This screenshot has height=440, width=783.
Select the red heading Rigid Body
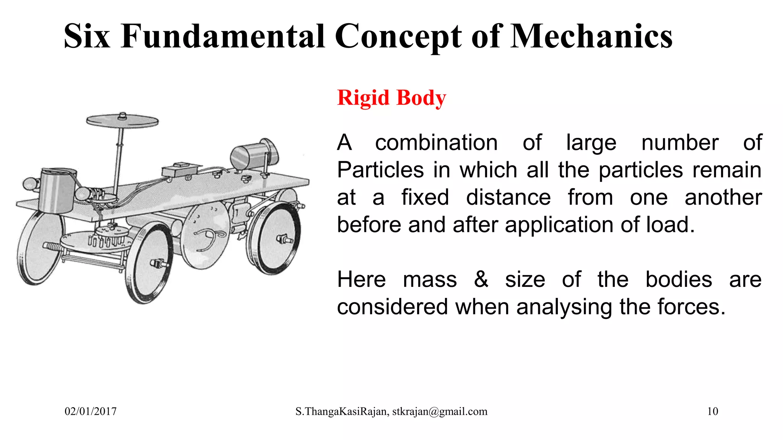[x=391, y=98]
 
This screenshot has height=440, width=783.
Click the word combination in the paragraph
[x=436, y=143]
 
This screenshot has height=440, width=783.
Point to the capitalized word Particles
[x=380, y=170]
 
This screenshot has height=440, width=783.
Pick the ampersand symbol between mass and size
[x=481, y=279]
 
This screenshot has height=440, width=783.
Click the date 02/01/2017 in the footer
[x=91, y=411]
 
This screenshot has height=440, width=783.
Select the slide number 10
[x=712, y=411]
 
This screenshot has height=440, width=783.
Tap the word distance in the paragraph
[x=508, y=197]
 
